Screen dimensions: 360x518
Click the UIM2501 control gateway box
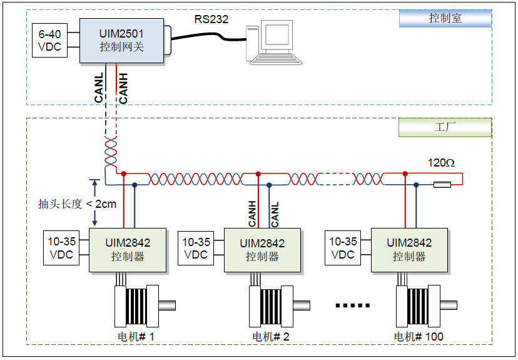[121, 40]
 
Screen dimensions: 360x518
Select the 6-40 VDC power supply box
[50, 40]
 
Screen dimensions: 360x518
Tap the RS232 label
[211, 19]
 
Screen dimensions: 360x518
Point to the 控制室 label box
[445, 18]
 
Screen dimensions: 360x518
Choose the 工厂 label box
[445, 127]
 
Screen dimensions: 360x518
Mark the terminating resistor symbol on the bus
[442, 184]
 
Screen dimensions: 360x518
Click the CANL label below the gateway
[99, 88]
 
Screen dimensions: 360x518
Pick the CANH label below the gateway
[123, 88]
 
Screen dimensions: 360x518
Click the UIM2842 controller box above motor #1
[128, 250]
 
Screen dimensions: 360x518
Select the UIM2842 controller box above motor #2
[262, 250]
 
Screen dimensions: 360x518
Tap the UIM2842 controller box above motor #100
[409, 250]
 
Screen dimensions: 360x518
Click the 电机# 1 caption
[136, 337]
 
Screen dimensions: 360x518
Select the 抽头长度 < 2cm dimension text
[77, 203]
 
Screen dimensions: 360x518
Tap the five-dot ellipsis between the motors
[353, 306]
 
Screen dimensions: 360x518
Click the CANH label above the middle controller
[252, 213]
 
